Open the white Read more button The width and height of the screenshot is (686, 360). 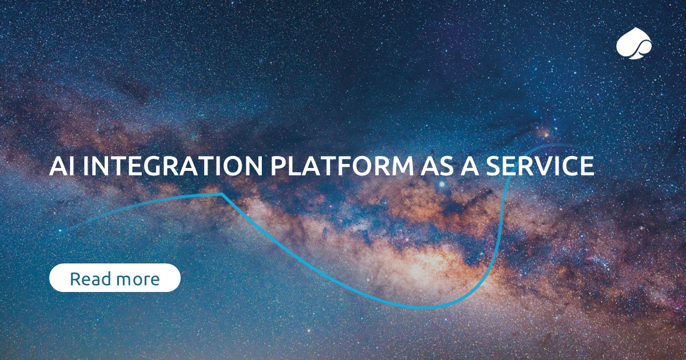click(x=115, y=278)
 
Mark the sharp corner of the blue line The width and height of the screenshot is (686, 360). click(x=222, y=194)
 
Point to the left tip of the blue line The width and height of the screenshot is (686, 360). click(x=58, y=233)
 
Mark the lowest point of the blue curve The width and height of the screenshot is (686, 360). click(x=423, y=307)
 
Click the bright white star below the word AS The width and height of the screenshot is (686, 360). click(x=441, y=185)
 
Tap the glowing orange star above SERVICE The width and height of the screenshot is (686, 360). click(x=545, y=135)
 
